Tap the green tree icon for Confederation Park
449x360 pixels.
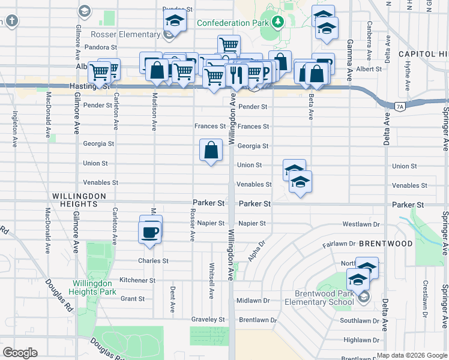pyautogui.click(x=277, y=23)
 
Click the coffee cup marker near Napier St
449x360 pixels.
pyautogui.click(x=151, y=230)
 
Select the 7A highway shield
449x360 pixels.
pyautogui.click(x=400, y=107)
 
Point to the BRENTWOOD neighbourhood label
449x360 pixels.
pyautogui.click(x=386, y=244)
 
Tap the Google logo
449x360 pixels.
pyautogui.click(x=20, y=353)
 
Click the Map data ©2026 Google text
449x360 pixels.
pyautogui.click(x=412, y=355)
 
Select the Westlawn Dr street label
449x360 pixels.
pyautogui.click(x=361, y=224)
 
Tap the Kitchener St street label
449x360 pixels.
pyautogui.click(x=137, y=280)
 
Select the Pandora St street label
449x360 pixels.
pyautogui.click(x=100, y=46)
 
